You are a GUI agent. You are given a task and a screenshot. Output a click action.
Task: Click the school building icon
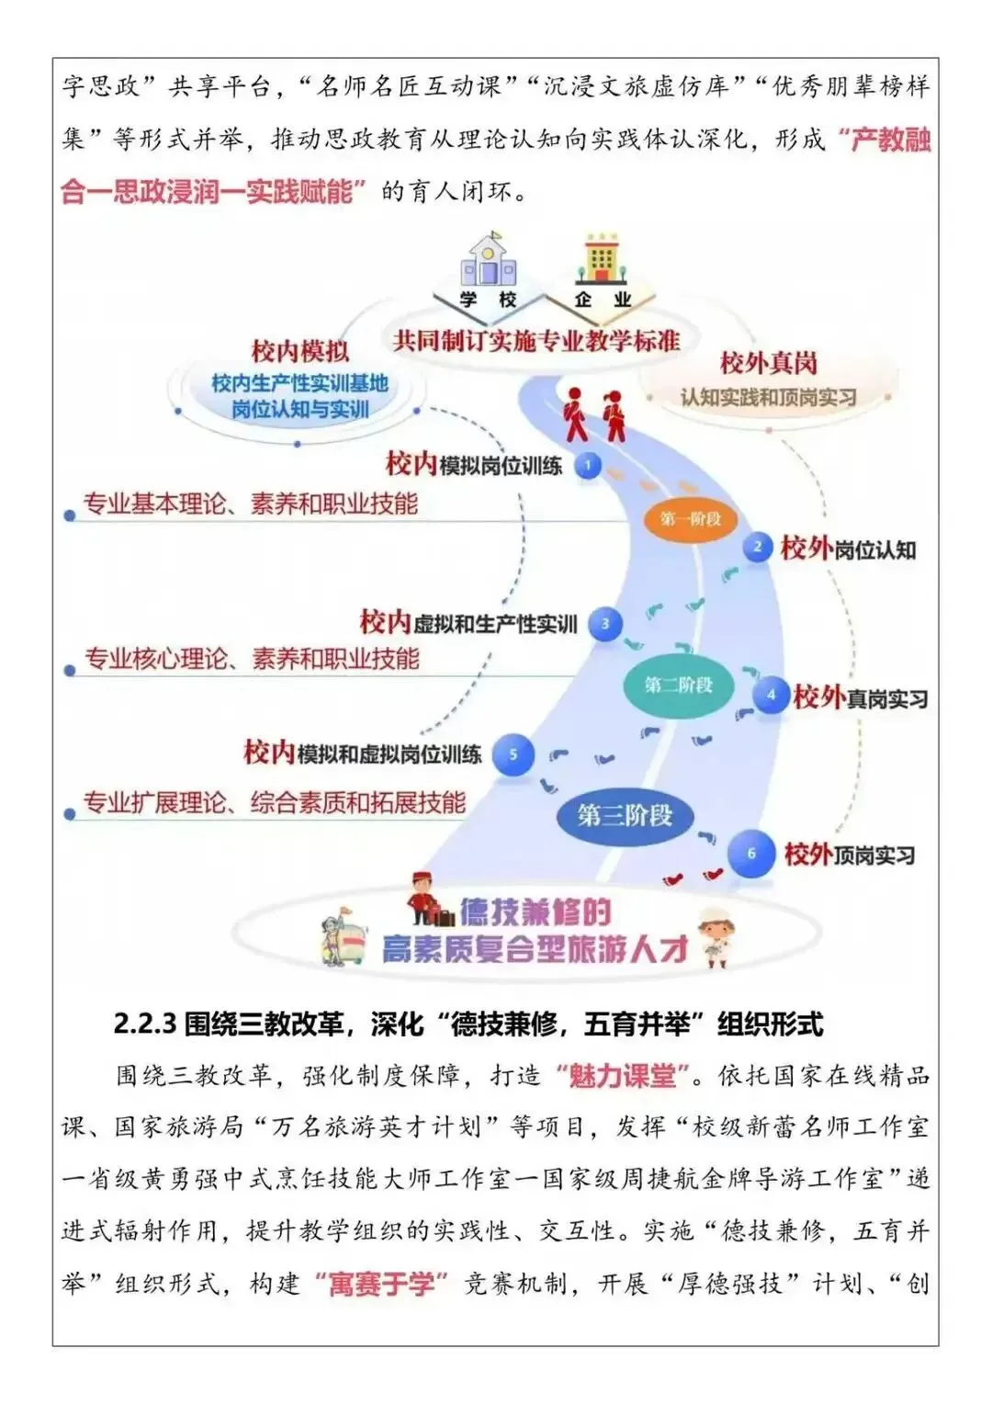click(x=488, y=261)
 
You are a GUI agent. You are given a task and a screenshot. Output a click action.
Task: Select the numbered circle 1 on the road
click(x=588, y=466)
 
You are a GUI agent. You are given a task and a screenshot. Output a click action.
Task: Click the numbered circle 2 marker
click(x=758, y=547)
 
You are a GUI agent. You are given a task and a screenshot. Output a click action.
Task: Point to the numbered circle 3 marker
click(x=605, y=624)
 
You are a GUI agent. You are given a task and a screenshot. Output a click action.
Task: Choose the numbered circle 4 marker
click(x=771, y=696)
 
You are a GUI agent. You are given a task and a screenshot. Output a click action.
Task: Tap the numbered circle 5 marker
click(x=513, y=754)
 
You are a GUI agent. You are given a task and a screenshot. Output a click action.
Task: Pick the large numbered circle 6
click(x=751, y=854)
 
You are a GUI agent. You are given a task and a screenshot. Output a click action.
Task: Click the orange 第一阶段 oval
click(x=690, y=519)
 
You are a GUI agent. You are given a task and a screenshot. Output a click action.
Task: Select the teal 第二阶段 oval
click(x=679, y=685)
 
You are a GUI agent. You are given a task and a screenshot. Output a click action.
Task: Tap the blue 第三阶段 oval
click(x=625, y=815)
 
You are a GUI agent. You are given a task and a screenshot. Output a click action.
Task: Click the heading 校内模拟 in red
click(x=300, y=351)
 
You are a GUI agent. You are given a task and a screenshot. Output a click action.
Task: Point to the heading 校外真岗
click(x=768, y=363)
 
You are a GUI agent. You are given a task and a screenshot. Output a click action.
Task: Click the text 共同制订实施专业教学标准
click(x=536, y=342)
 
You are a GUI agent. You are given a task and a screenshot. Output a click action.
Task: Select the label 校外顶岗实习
click(x=850, y=855)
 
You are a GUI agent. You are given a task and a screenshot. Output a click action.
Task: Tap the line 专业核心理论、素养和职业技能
click(x=252, y=659)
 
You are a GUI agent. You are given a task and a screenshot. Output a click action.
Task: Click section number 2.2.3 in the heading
click(x=144, y=1024)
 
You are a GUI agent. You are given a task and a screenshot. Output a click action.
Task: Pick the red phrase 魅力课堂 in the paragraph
click(x=623, y=1076)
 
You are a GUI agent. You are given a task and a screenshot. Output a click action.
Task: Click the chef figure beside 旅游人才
click(x=716, y=937)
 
